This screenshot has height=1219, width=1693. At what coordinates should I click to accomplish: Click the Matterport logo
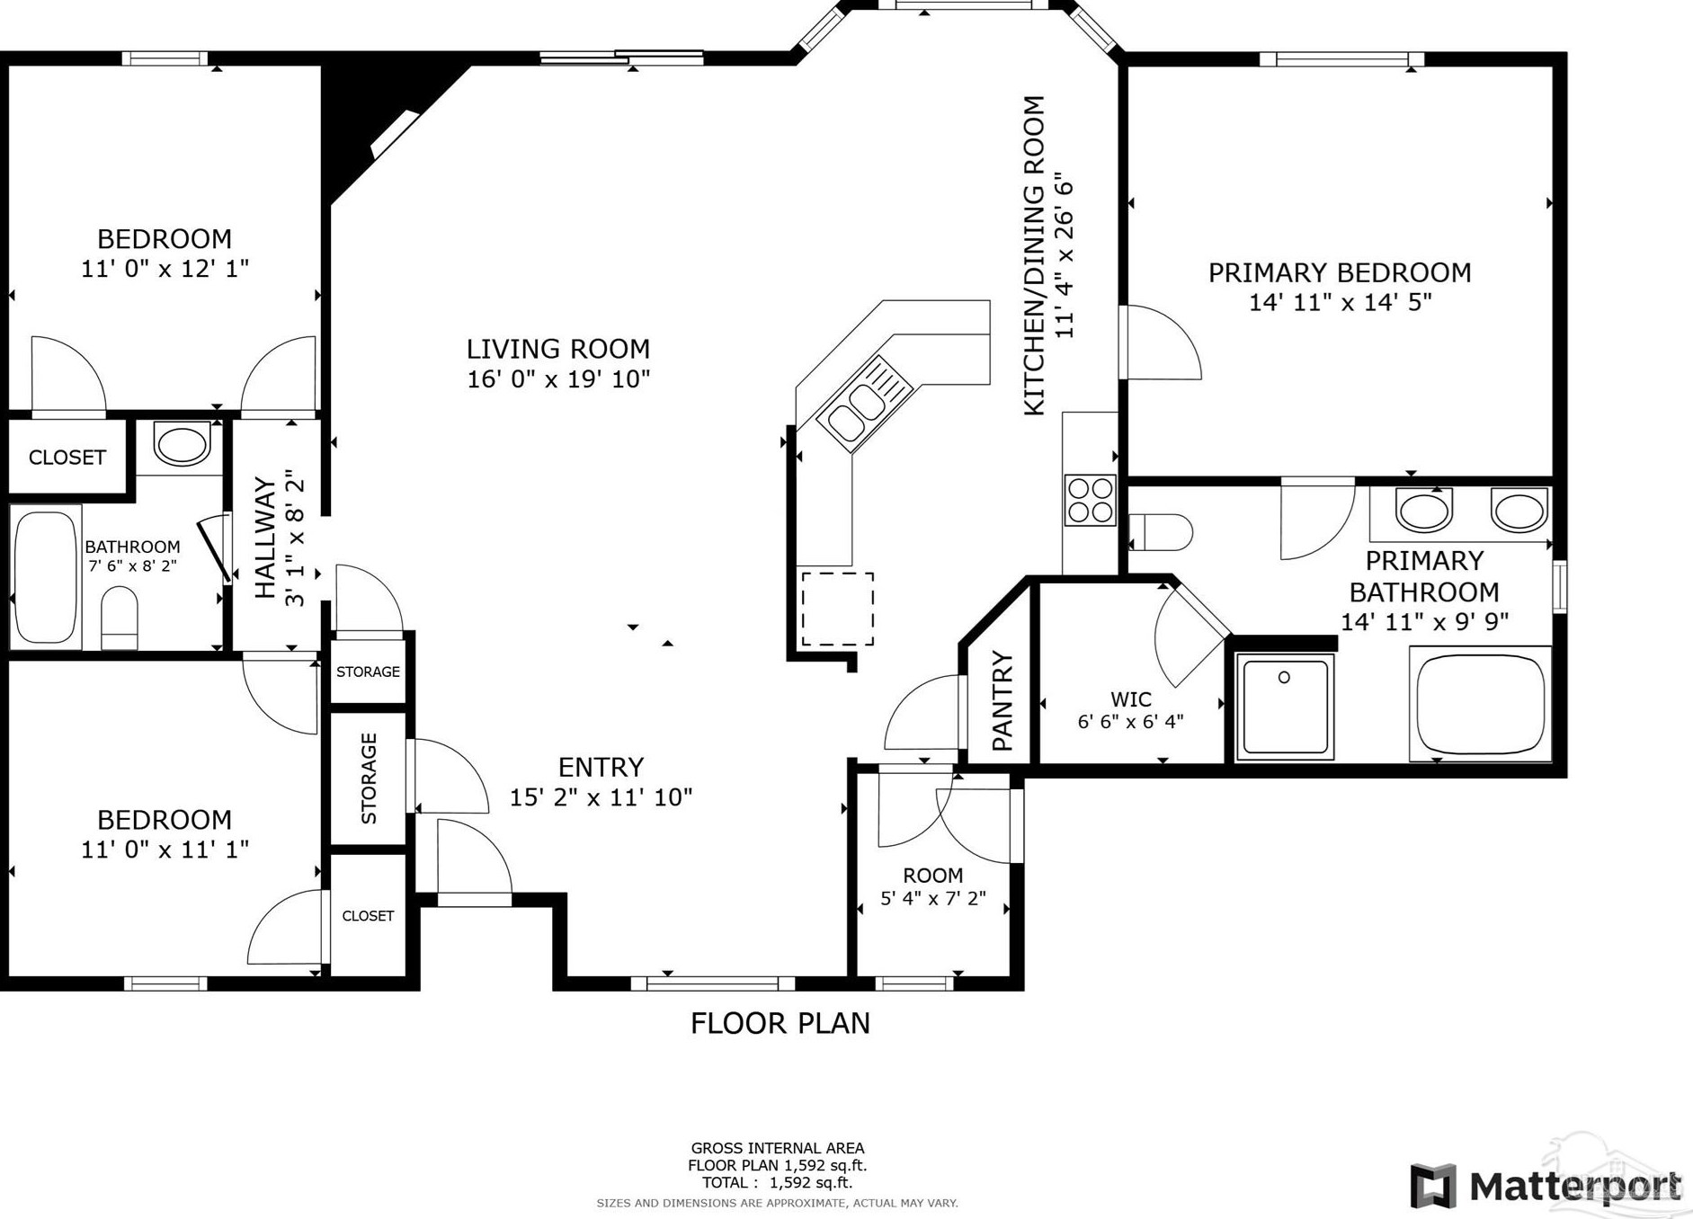point(1546,1185)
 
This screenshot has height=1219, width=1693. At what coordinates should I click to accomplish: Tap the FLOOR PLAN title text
point(780,1023)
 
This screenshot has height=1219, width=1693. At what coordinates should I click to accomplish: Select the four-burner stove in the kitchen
point(1090,501)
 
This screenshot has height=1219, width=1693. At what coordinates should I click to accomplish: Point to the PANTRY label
point(1002,701)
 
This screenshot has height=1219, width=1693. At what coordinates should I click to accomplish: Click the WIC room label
point(1130,699)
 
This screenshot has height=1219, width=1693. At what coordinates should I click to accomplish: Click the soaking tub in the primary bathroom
point(1480,703)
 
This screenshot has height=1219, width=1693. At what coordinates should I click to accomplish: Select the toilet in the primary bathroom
point(1161,531)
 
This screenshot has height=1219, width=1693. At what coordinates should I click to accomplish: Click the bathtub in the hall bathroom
point(44,576)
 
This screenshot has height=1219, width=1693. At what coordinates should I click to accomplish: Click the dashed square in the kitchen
point(837,609)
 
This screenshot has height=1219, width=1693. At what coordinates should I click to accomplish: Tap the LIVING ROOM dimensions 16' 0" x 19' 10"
point(558,379)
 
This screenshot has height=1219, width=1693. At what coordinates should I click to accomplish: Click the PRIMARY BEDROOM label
point(1340,272)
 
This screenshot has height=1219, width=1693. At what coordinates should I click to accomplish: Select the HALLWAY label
point(265,538)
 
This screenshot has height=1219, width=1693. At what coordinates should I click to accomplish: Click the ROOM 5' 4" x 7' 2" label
point(933,886)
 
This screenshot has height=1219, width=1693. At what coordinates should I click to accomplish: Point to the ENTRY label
point(601,767)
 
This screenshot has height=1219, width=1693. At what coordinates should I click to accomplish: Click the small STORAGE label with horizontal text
point(368,672)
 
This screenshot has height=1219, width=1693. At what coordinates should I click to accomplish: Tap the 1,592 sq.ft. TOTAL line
point(778,1183)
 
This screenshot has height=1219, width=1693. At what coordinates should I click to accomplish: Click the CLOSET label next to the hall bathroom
point(67,458)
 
